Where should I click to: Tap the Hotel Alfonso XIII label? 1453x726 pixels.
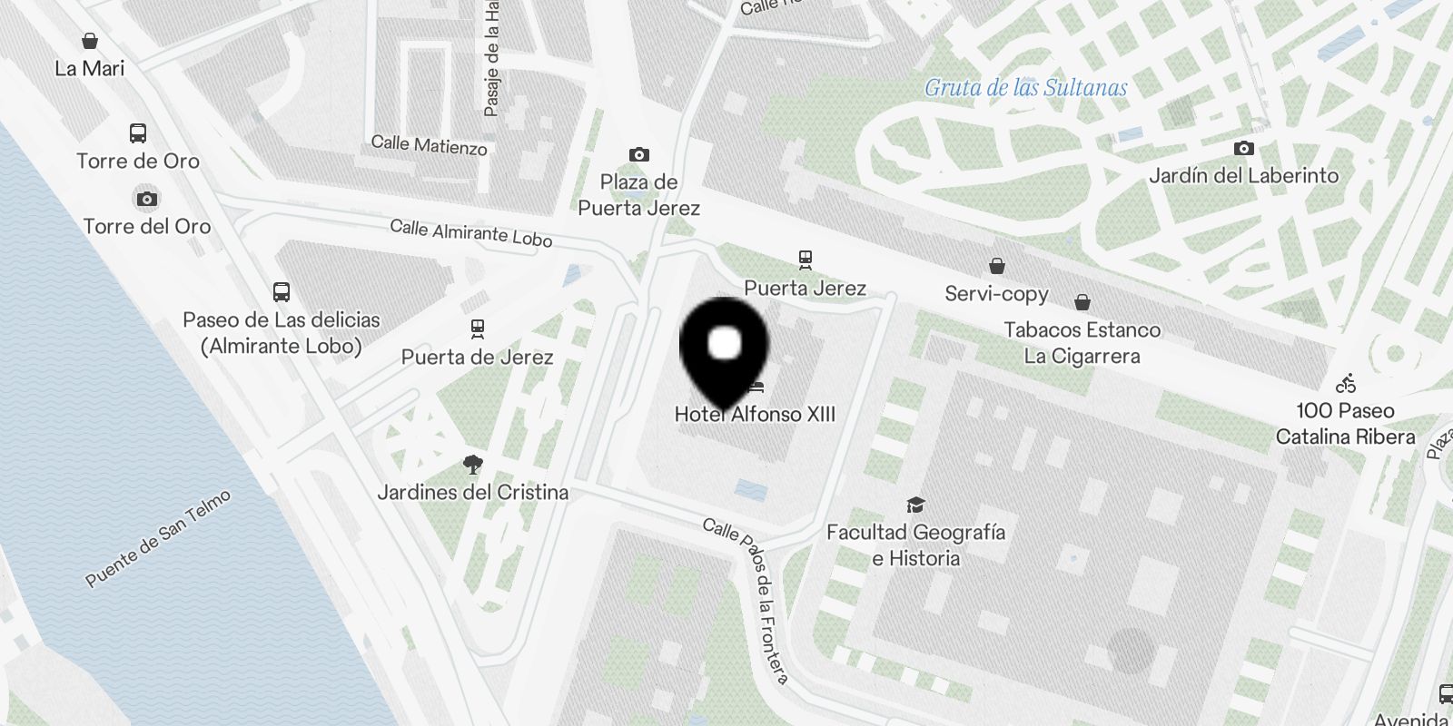(755, 415)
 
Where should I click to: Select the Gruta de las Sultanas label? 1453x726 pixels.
(1025, 88)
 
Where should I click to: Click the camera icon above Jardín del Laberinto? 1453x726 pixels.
(1243, 148)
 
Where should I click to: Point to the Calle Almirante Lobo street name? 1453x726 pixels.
(470, 232)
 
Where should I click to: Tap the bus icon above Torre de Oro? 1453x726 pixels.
(137, 133)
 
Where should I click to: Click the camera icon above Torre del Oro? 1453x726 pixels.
(146, 199)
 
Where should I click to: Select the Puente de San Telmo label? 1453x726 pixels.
(158, 537)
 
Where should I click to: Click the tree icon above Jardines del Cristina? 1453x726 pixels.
(472, 465)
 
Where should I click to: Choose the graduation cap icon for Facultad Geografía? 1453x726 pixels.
(915, 505)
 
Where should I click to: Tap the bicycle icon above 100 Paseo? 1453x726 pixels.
(1346, 383)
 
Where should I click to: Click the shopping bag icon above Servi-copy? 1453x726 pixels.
(996, 266)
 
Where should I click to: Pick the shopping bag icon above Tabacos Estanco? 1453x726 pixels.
(1082, 302)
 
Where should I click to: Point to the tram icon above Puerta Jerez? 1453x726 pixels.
(805, 260)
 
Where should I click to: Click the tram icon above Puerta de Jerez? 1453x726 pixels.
(477, 329)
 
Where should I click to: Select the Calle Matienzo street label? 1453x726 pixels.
(429, 145)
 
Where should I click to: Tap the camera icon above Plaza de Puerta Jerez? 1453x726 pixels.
(638, 155)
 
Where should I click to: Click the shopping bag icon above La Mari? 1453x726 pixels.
(89, 41)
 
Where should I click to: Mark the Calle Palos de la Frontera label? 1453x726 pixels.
(746, 599)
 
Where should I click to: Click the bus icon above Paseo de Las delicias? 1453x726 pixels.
(281, 292)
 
